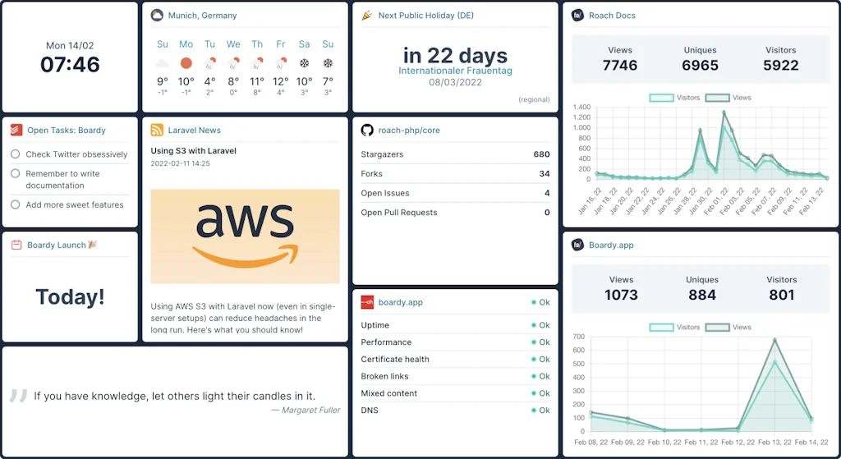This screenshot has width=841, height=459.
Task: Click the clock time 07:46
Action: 70,64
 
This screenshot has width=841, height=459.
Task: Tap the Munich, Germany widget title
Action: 202,16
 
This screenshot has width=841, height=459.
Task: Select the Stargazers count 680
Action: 541,154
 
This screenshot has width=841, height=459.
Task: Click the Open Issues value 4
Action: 547,193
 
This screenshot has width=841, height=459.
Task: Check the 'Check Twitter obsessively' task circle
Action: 16,154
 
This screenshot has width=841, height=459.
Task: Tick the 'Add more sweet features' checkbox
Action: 16,204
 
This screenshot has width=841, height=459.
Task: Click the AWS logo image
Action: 245,236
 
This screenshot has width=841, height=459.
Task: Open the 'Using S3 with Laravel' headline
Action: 194,151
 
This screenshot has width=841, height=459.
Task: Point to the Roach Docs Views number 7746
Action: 620,65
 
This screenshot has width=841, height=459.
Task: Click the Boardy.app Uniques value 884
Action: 701,295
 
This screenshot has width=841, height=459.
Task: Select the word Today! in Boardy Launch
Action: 70,296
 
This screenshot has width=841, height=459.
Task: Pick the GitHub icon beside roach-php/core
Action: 367,130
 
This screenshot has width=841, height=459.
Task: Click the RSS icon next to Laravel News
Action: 157,130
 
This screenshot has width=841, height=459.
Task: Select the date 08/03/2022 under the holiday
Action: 455,82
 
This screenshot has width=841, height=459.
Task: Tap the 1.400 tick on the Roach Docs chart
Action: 581,108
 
